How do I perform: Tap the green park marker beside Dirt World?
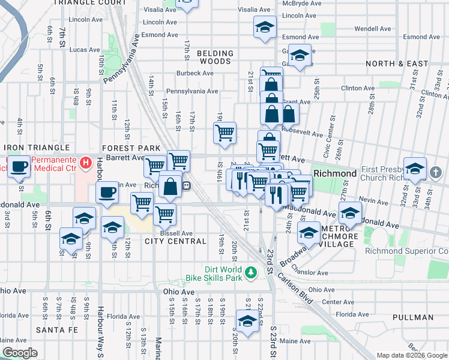[x=254, y=274]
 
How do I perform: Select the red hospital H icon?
[x=86, y=163]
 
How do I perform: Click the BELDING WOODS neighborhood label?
[x=214, y=57]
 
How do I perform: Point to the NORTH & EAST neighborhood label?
[x=397, y=64]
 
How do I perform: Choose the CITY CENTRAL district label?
[x=176, y=241]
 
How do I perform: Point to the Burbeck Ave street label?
[x=194, y=73]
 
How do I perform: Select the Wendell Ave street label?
[x=373, y=28]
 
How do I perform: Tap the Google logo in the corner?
[x=20, y=353]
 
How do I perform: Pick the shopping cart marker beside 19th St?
[x=224, y=133]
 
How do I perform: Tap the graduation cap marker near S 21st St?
[x=247, y=321]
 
